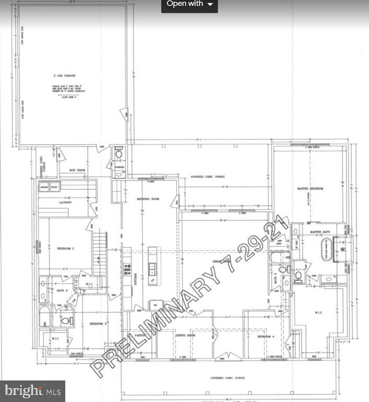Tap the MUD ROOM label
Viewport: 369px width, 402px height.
tap(78, 171)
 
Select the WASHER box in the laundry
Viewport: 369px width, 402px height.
tap(44, 187)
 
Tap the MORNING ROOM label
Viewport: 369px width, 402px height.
tap(147, 199)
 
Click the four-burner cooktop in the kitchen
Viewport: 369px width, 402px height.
tap(126, 270)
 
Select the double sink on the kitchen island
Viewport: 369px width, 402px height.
tap(152, 270)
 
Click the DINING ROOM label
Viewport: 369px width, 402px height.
tap(184, 335)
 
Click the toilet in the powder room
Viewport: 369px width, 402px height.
tap(119, 154)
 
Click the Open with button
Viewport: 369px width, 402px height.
tap(189, 4)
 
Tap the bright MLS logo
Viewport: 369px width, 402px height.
tap(32, 390)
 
